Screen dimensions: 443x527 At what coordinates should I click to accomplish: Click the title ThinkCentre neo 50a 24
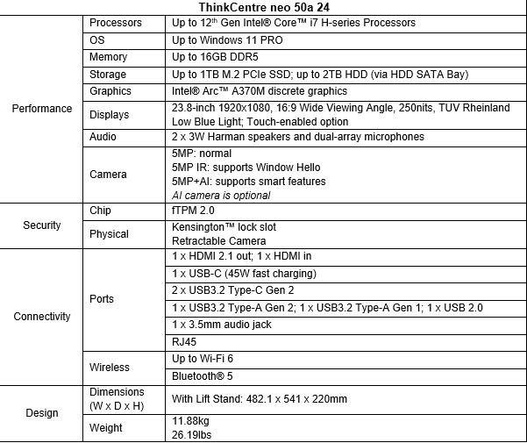tap(264, 7)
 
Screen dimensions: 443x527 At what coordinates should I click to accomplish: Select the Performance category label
tap(42, 109)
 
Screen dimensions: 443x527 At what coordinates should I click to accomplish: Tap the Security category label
tap(42, 225)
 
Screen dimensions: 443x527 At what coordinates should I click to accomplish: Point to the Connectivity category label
tap(42, 317)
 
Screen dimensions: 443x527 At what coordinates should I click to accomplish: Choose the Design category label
tap(42, 412)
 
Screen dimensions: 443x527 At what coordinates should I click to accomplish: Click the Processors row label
tap(116, 23)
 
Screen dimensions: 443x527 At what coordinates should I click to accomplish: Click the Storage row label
tap(108, 75)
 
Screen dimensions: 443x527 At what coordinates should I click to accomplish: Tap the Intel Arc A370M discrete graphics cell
tap(259, 91)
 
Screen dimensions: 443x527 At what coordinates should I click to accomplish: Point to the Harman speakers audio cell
tap(297, 137)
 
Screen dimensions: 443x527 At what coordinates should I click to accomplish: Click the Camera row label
tap(109, 174)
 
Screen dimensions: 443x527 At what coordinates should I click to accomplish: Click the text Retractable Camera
tap(218, 240)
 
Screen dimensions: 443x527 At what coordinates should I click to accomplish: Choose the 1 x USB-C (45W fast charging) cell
tap(244, 274)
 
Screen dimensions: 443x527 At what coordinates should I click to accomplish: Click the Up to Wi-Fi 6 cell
tap(203, 359)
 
